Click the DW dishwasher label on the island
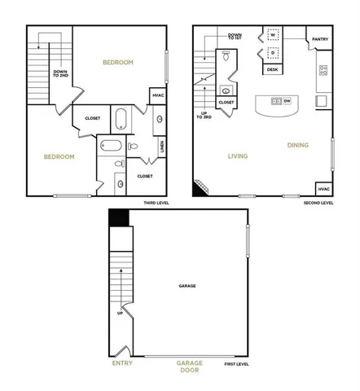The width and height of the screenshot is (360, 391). (287, 101)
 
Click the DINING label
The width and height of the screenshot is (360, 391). (297, 145)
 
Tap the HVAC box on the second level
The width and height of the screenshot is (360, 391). (323, 188)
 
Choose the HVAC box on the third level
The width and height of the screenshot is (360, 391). (157, 96)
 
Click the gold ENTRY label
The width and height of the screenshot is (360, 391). (122, 363)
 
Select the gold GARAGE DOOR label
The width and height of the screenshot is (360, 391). (190, 367)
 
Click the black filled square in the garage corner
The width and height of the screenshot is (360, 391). (120, 217)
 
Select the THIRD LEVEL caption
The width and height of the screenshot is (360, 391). (156, 202)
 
